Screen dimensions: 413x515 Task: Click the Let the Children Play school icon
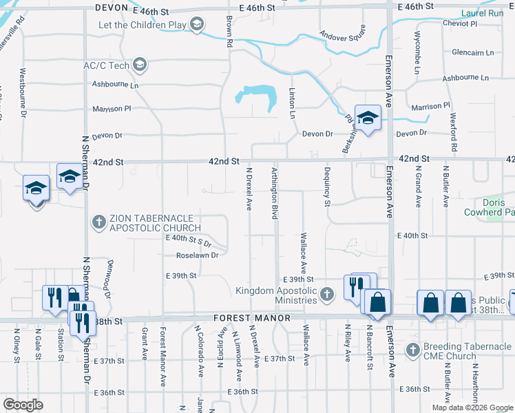point(197,25)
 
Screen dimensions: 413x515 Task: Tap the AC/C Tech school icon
point(140,65)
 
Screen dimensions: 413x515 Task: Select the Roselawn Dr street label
point(197,255)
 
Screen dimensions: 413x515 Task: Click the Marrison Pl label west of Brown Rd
point(112,109)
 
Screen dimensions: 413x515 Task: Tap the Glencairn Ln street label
point(473,52)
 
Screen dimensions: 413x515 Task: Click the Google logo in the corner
point(23,404)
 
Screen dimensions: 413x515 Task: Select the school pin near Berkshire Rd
point(368,118)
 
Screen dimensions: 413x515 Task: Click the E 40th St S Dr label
point(188,239)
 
